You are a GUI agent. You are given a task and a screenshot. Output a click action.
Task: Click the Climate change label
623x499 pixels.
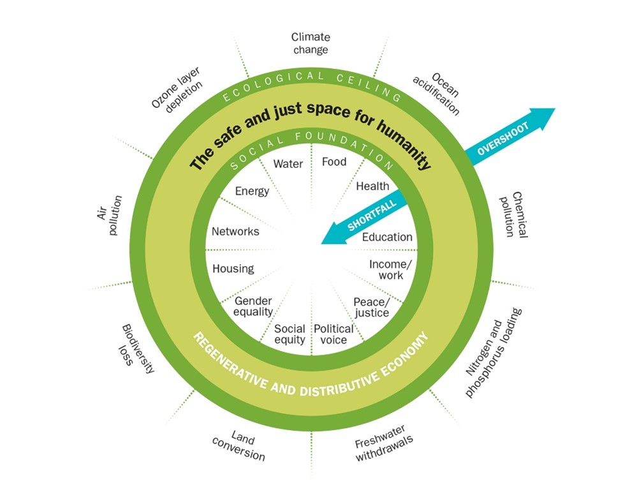pos(311,43)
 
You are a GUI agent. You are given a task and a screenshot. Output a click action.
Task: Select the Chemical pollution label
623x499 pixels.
pos(513,214)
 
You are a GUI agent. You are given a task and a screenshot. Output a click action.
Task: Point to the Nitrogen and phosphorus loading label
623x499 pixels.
pos(494,352)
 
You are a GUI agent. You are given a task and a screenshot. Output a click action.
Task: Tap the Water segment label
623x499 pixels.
pos(288,163)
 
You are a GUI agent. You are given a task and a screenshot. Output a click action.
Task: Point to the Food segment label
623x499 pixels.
pos(334,161)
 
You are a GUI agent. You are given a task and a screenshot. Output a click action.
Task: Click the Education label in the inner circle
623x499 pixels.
pos(387,237)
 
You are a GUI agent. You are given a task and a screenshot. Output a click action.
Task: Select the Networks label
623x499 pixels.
pos(235,232)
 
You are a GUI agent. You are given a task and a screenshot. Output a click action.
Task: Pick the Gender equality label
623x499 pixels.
pos(253,306)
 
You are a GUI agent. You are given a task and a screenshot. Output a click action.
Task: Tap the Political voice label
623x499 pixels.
pos(333,334)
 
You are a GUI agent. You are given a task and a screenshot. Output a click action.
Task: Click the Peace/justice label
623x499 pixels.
pos(371,307)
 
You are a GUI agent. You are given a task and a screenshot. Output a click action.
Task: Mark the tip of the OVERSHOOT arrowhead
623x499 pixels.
pos(555,109)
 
